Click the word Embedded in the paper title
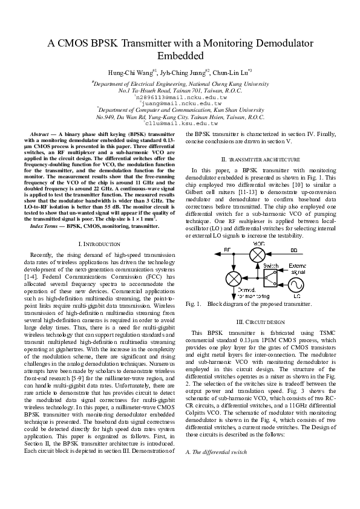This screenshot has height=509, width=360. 180,56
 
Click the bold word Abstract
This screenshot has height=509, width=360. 41,132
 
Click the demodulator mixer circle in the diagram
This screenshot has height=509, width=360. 233,279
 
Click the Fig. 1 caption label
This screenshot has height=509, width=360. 193,303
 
